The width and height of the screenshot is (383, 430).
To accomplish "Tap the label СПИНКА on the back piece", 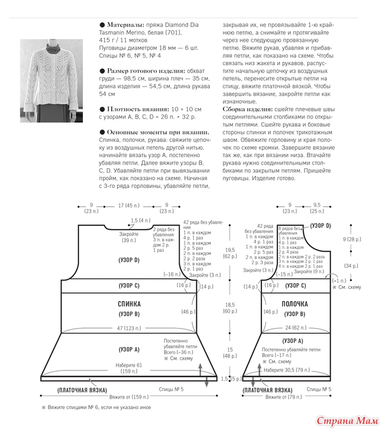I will pos(129,304).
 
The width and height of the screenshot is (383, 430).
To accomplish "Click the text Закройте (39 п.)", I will pos(129,237).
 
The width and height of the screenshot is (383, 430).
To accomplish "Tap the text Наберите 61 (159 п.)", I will pos(129,367).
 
